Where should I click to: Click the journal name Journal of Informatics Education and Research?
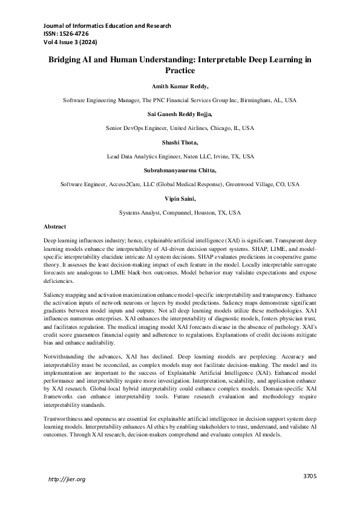point(107,26)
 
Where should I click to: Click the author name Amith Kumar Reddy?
point(180,87)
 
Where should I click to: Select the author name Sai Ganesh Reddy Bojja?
point(180,114)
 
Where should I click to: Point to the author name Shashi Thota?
point(180,142)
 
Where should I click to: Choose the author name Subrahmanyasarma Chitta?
point(180,170)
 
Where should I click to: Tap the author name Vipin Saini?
point(180,198)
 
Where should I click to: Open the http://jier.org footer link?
point(67,479)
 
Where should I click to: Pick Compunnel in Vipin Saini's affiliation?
point(171,213)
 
